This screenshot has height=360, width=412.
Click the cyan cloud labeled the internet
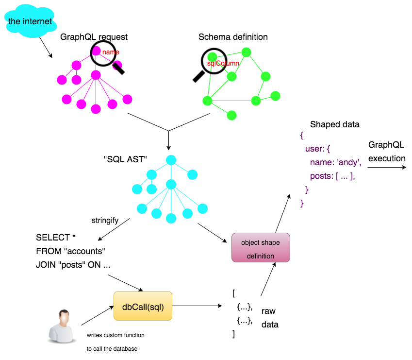(x=30, y=21)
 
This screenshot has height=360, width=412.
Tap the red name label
(x=111, y=52)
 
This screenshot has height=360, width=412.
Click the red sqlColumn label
(x=223, y=63)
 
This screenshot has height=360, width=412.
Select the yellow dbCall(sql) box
(x=143, y=306)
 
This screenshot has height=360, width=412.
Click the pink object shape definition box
(x=261, y=248)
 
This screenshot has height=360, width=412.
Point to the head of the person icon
(x=64, y=317)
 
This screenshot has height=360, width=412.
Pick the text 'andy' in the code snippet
(x=349, y=162)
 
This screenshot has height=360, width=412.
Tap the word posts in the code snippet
(x=321, y=176)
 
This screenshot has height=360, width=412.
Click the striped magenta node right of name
(x=117, y=65)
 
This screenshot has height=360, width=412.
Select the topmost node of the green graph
(x=246, y=52)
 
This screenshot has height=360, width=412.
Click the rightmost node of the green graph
(x=275, y=96)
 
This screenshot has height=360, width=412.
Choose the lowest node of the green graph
(x=231, y=115)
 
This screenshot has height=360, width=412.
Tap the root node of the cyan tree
(x=171, y=160)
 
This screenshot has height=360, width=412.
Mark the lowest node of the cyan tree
(x=171, y=218)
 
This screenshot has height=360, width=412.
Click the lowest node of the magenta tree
(x=96, y=109)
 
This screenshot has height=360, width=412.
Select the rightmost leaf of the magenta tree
(x=127, y=99)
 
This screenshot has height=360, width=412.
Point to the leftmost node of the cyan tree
(x=137, y=189)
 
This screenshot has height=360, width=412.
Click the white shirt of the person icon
(x=61, y=334)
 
